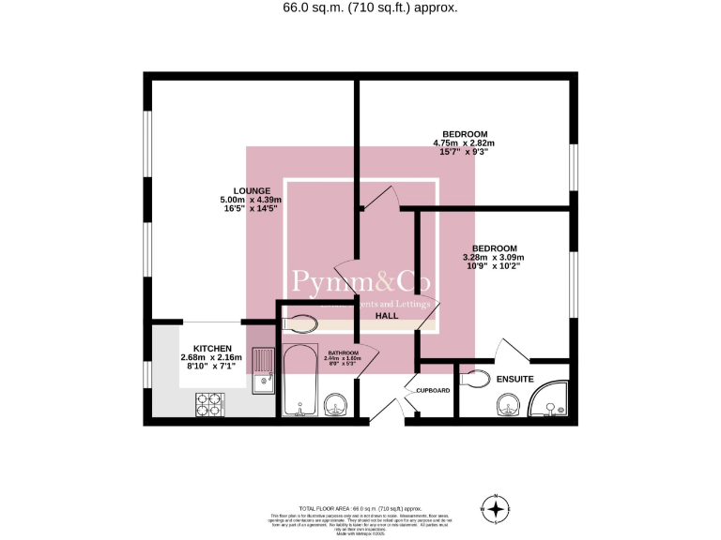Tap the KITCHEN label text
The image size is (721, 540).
coord(211,348)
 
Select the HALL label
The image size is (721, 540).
coord(386,316)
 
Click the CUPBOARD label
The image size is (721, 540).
coord(434,390)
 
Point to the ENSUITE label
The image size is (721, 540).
coord(515,380)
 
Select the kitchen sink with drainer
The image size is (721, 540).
coord(263,368)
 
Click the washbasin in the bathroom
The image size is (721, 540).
coord(336,406)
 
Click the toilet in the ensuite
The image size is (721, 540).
coord(474,379)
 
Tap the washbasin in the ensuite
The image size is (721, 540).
coord(507,405)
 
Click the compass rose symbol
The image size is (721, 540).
coord(496,509)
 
